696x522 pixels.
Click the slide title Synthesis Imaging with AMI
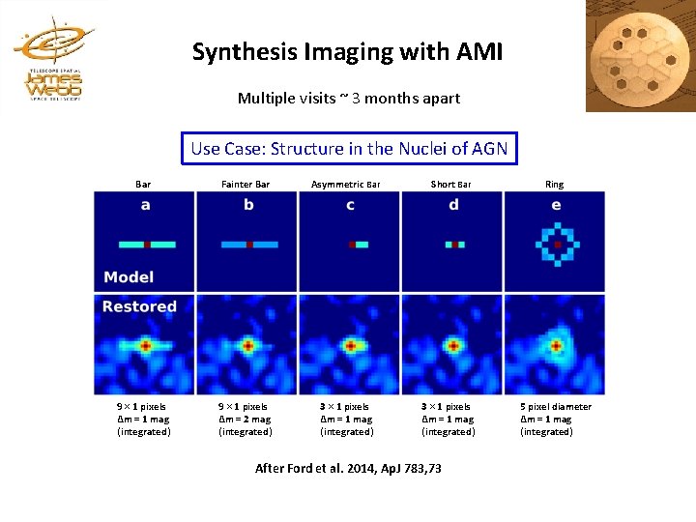(x=347, y=51)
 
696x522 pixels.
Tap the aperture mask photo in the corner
(x=641, y=56)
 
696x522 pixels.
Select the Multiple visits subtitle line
(x=348, y=99)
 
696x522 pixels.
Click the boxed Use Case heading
(x=349, y=149)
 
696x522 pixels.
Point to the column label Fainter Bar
(x=246, y=184)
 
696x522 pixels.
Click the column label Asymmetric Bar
(x=346, y=184)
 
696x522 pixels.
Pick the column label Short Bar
(x=450, y=184)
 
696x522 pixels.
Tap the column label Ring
(x=554, y=184)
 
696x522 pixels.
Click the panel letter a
(x=145, y=205)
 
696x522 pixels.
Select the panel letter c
(x=350, y=205)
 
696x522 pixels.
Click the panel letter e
(x=556, y=205)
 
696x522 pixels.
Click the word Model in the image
(x=129, y=277)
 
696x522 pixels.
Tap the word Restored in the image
(x=139, y=307)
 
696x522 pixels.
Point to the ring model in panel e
(x=557, y=246)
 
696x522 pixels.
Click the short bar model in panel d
(x=454, y=246)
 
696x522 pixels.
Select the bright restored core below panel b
(x=247, y=344)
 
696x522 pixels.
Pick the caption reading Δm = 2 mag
(x=246, y=420)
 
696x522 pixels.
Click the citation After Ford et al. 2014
(x=348, y=468)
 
